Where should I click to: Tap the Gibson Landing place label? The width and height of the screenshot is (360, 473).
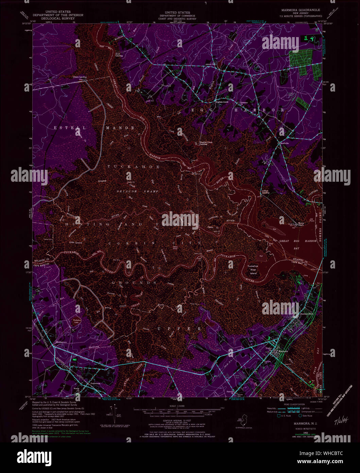click(x=79, y=77)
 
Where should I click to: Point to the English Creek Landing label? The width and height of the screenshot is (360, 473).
click(x=204, y=143)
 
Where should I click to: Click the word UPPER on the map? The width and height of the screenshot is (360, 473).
click(x=179, y=329)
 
